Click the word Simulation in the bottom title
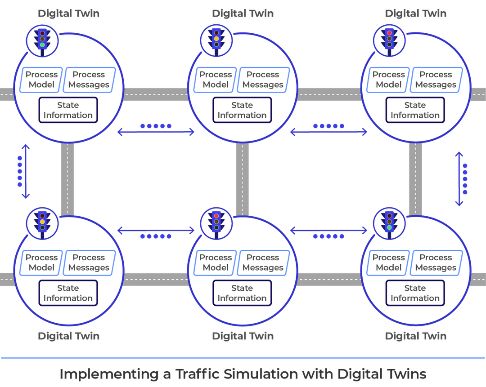tap(258, 374)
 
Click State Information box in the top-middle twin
tap(242, 110)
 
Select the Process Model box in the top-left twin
tap(41, 80)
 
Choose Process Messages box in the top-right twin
tap(435, 80)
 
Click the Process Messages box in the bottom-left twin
tap(89, 262)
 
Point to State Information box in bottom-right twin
tap(415, 293)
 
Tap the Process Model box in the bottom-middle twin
tap(216, 262)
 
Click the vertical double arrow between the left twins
tap(26, 171)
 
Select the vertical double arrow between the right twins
tap(459, 178)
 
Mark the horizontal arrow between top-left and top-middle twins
tap(156, 132)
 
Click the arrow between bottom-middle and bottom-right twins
tap(328, 231)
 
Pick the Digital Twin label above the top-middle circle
tap(243, 13)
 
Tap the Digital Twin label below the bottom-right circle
tap(415, 336)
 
